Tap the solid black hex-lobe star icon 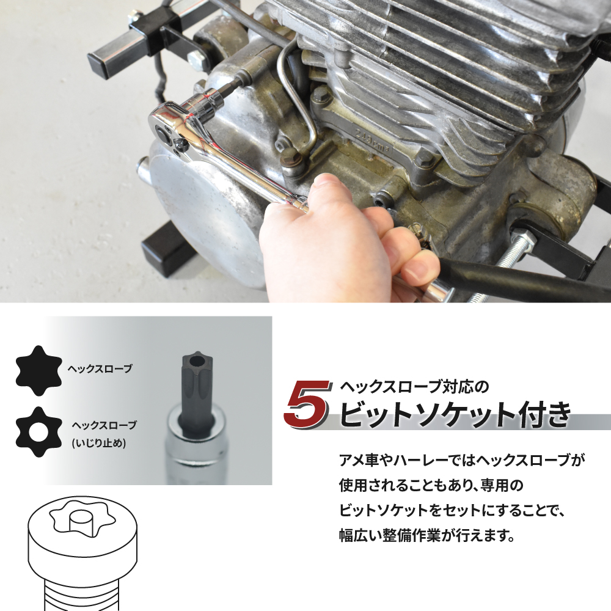[39, 371]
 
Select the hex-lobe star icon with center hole [39, 432]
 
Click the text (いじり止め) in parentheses [99, 443]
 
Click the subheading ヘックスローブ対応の [414, 387]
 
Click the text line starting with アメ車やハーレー [462, 461]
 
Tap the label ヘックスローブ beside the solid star [100, 368]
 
